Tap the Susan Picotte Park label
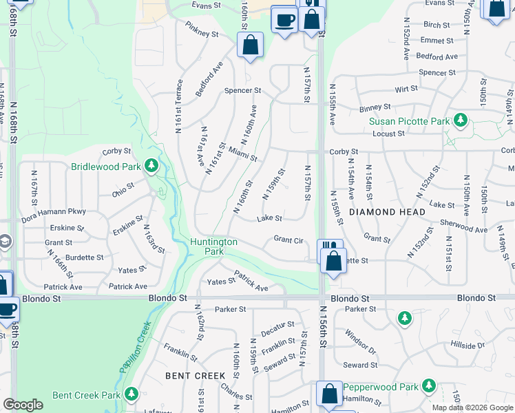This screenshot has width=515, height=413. point(409,121)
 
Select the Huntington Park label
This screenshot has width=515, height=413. point(214,246)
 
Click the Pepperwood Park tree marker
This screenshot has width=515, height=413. point(430,385)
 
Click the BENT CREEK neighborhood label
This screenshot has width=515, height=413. point(196,375)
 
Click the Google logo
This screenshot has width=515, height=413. point(23,405)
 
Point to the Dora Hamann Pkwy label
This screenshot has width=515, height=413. point(54,211)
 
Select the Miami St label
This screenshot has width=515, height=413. point(243,154)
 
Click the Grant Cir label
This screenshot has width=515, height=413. point(288,240)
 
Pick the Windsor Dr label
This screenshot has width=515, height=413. point(361,341)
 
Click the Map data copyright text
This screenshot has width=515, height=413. point(471,407)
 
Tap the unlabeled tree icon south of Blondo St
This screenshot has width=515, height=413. point(405,317)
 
